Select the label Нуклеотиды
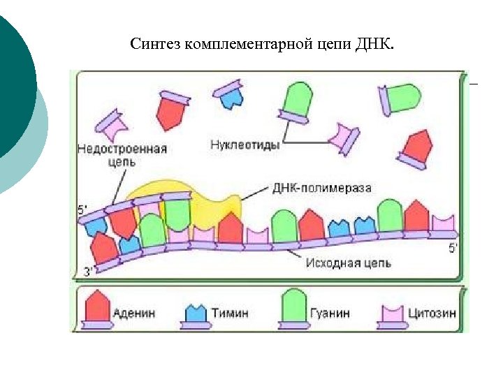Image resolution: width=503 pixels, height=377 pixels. [245, 145]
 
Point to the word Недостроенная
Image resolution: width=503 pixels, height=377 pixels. [122, 149]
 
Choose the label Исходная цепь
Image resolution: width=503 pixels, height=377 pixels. [348, 263]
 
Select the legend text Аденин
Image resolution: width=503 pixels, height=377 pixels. [137, 313]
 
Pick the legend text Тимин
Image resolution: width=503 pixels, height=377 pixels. [231, 313]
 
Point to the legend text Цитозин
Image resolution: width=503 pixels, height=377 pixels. [432, 313]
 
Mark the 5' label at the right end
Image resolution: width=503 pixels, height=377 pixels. [453, 248]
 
